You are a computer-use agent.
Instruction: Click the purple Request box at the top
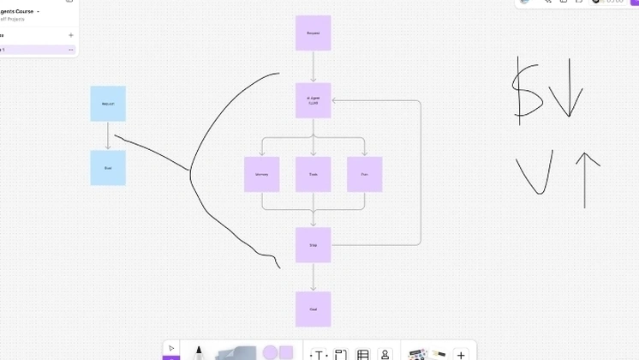313,33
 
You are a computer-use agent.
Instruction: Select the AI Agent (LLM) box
313,100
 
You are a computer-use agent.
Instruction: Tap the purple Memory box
261,174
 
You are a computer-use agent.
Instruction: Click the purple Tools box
313,174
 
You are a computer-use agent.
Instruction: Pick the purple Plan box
364,174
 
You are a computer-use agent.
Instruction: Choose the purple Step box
313,244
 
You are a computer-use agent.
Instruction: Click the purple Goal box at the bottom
313,309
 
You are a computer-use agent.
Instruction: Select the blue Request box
108,103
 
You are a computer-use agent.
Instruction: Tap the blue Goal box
108,167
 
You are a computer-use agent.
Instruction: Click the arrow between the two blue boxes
108,135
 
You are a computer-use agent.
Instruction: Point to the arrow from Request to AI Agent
313,66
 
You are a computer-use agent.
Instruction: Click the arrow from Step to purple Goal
313,277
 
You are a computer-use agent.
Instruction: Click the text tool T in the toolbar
318,354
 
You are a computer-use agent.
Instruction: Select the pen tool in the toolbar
199,352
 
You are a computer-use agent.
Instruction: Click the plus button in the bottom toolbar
461,354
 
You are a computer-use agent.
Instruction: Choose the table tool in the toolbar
362,354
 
